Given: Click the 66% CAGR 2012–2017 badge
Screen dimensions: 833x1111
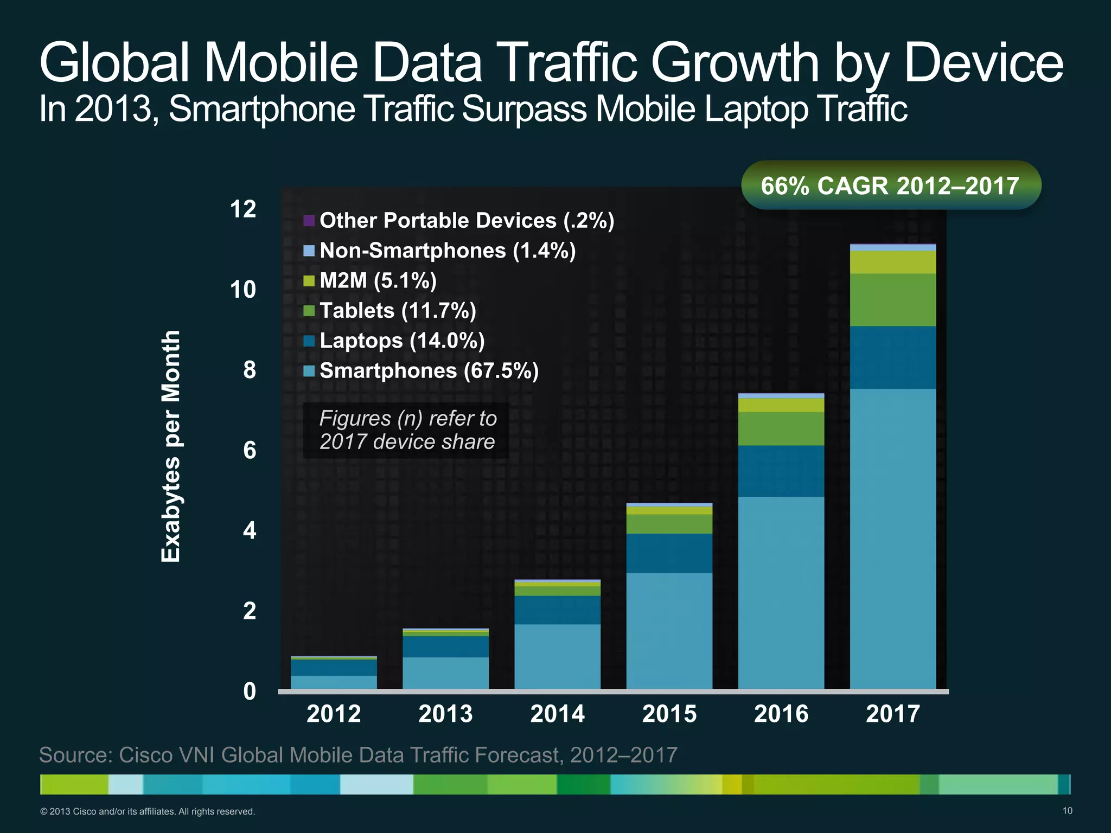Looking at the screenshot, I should pyautogui.click(x=890, y=185).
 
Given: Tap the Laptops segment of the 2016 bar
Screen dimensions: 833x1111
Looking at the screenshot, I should pyautogui.click(x=781, y=471).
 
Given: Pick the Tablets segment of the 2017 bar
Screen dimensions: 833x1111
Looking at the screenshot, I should pyautogui.click(x=893, y=299).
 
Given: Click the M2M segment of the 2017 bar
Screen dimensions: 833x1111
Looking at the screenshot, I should pyautogui.click(x=893, y=262).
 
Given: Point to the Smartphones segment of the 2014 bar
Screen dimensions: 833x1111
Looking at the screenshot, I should pyautogui.click(x=557, y=656).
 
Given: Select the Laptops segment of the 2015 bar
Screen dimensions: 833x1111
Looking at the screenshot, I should pyautogui.click(x=669, y=553).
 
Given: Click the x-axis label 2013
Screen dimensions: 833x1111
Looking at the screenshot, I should pyautogui.click(x=445, y=714).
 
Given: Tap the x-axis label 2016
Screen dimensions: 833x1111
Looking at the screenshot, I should pyautogui.click(x=781, y=714).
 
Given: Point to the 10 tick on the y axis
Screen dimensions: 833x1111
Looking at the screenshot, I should pyautogui.click(x=243, y=290).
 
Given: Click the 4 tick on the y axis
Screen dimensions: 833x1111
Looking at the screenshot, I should pyautogui.click(x=249, y=530).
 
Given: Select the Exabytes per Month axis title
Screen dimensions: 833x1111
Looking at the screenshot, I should pyautogui.click(x=171, y=446).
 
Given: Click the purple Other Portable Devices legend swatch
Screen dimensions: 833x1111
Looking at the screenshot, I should pyautogui.click(x=309, y=221).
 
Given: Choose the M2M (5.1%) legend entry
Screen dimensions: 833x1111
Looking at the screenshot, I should pyautogui.click(x=378, y=280).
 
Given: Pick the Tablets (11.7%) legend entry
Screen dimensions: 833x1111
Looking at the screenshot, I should pyautogui.click(x=397, y=311).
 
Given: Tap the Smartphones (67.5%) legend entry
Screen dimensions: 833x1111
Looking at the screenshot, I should pyautogui.click(x=429, y=371).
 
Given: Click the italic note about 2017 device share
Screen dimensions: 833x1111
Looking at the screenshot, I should pyautogui.click(x=407, y=430).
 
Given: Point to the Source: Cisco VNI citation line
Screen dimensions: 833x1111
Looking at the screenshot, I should pyautogui.click(x=358, y=755).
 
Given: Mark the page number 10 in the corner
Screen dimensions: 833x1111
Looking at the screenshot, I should pyautogui.click(x=1067, y=811).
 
